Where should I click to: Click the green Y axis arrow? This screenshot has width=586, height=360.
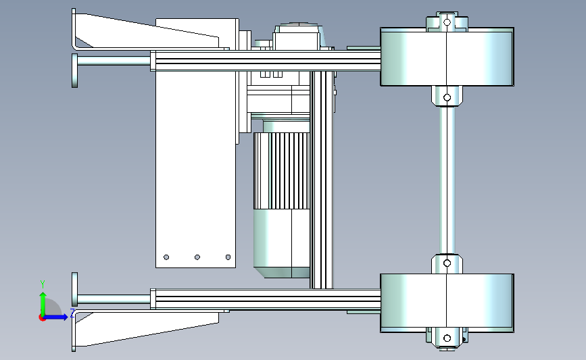coord(43,304)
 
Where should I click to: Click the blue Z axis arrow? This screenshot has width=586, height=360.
coord(55,317)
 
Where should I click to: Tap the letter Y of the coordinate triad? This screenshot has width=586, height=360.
coord(43,284)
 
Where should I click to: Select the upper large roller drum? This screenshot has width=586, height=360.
coord(447,57)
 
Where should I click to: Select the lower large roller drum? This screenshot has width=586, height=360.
coord(447,303)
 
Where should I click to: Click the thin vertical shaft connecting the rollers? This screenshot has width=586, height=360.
coord(447,180)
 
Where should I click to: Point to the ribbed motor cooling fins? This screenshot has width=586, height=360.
coord(281,170)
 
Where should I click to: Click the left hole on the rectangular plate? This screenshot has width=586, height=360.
coord(166,257)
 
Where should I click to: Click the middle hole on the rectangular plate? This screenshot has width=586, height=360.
coord(197,257)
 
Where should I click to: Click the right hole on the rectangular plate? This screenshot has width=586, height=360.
coord(228,257)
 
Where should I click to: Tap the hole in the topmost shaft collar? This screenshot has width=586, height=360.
coord(447,22)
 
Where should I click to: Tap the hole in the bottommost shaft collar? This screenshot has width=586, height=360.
coord(447,338)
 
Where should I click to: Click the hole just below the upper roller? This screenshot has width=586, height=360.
coord(447,97)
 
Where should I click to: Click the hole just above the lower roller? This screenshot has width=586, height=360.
coord(447,263)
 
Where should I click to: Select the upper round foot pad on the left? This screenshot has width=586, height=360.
coord(75,70)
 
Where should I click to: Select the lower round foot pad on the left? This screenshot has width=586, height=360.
coord(75,290)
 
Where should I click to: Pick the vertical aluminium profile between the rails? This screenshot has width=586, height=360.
coord(322,180)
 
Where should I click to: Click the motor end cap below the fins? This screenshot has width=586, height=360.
coord(281,243)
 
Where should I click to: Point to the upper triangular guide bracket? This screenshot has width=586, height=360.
coord(146,32)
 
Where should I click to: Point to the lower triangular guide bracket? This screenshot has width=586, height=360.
coord(146,329)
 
